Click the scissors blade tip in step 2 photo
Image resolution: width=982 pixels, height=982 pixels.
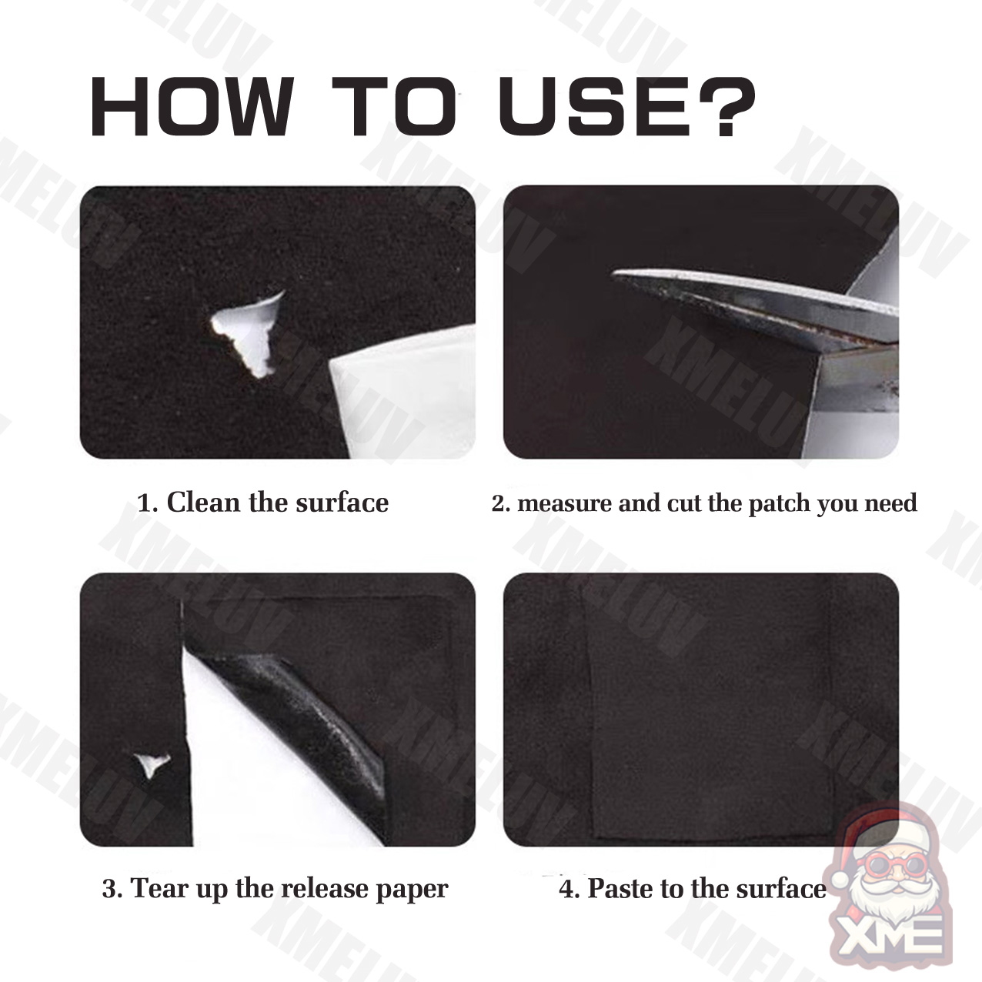[x=613, y=274]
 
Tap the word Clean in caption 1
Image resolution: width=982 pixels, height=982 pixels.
[x=203, y=502]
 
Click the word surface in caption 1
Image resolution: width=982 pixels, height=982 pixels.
[x=342, y=502]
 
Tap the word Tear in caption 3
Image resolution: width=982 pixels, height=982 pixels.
[x=155, y=889]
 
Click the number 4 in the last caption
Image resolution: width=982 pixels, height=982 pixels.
[x=566, y=890]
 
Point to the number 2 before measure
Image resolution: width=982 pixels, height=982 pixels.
[x=499, y=503]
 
